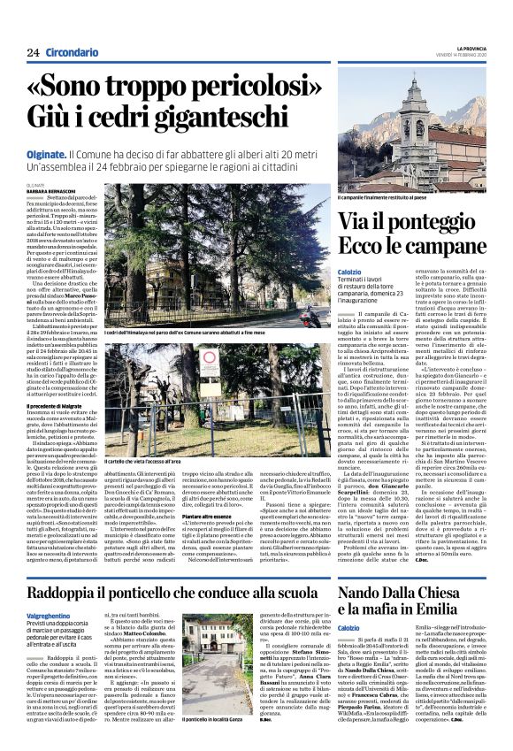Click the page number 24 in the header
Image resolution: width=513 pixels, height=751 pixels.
[x=33, y=52]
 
